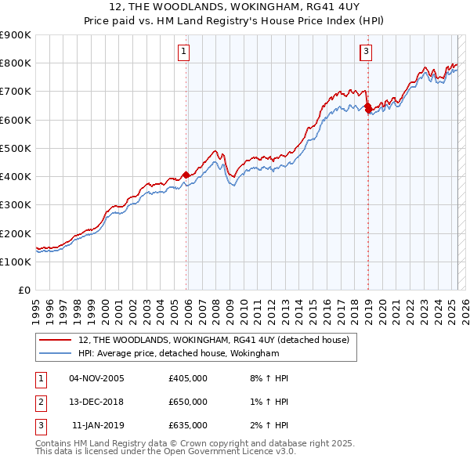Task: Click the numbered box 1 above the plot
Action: tap(184, 52)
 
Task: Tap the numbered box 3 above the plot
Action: tap(366, 52)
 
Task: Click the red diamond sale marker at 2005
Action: tap(186, 175)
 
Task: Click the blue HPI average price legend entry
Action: tap(179, 354)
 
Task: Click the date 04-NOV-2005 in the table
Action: tap(97, 378)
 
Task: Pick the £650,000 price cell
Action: tap(188, 402)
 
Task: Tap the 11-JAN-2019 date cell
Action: tap(97, 425)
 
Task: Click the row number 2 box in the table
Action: tap(40, 402)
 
